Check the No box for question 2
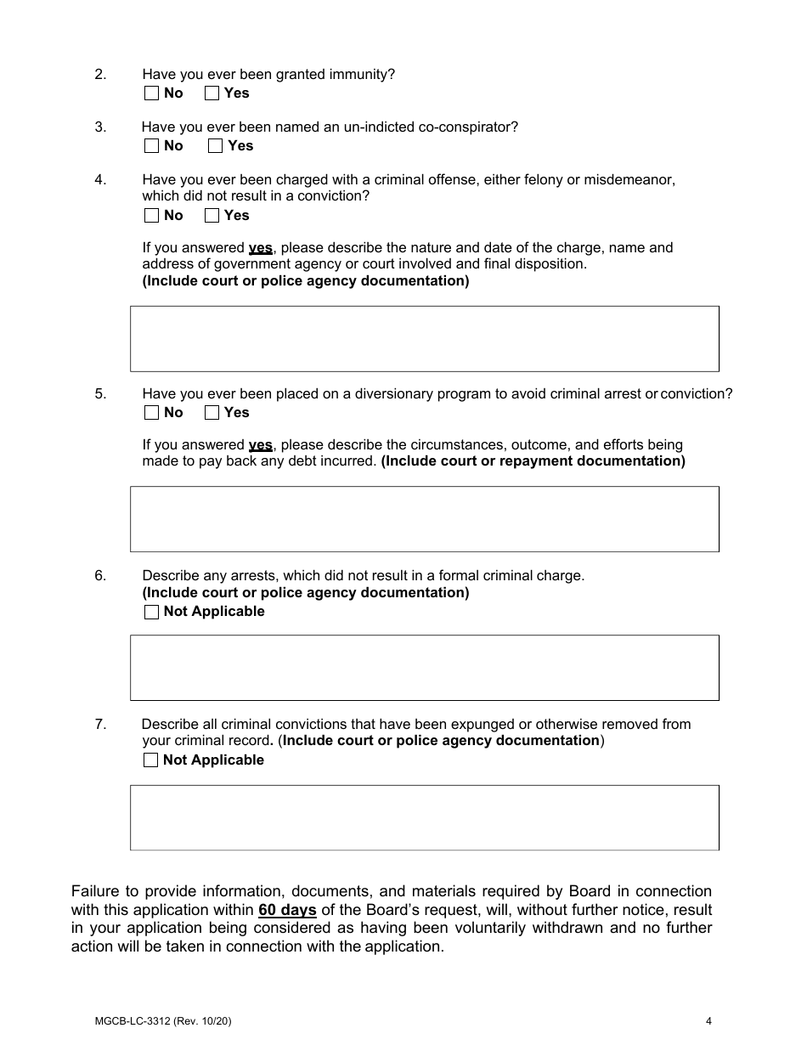[x=151, y=93]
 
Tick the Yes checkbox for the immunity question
[x=212, y=93]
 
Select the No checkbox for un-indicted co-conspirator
[x=151, y=146]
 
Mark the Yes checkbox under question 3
[x=216, y=146]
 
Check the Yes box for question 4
[x=212, y=216]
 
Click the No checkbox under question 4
[x=151, y=216]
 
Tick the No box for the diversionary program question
[x=151, y=413]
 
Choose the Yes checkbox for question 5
[x=212, y=413]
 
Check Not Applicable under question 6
[x=151, y=612]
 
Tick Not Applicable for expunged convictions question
[x=151, y=760]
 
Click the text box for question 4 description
[x=424, y=339]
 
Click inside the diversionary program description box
[x=424, y=519]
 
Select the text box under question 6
[x=424, y=668]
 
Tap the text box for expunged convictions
[x=424, y=817]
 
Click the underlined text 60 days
[x=287, y=910]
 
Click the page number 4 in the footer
[x=708, y=1022]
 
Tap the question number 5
[x=100, y=394]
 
